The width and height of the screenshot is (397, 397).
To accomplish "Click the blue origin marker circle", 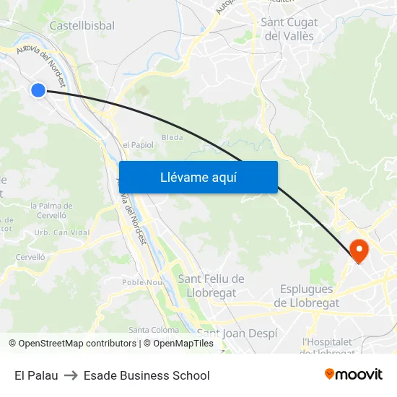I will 38,90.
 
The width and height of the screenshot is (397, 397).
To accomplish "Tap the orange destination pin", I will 359,250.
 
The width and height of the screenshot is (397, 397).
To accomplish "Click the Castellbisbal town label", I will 82,26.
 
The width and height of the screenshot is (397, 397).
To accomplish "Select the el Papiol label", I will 138,145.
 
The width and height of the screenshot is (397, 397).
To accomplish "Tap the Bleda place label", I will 173,137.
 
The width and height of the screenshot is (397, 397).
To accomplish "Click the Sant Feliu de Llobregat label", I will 211,285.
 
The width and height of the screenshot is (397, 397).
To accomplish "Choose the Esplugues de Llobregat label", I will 306,296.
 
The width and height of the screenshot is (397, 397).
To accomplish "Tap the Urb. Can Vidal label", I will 62,232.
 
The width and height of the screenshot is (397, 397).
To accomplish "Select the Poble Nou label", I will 142,282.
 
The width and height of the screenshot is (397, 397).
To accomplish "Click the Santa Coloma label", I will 154,330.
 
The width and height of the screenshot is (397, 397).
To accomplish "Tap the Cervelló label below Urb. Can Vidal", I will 30,257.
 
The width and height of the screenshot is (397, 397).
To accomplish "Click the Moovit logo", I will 354,375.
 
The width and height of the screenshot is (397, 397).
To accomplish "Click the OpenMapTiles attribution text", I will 183,344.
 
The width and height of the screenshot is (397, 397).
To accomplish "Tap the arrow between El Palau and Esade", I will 71,375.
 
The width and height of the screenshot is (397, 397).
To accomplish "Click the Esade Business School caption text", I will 147,375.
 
